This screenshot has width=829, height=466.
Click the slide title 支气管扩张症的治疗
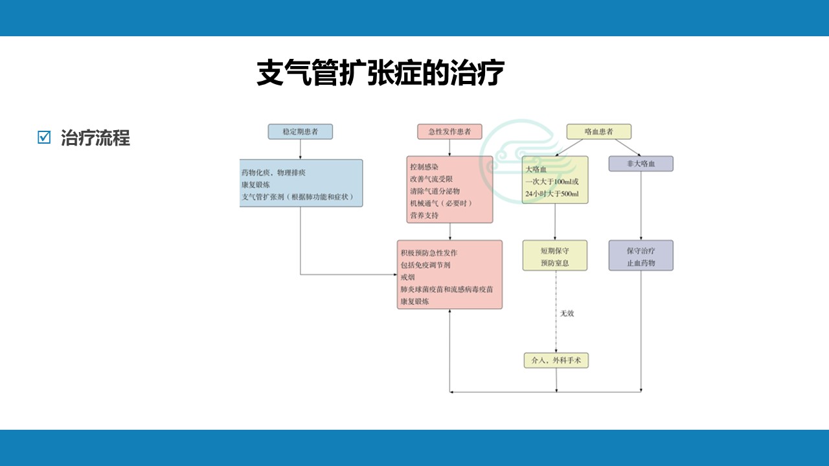pyautogui.click(x=380, y=73)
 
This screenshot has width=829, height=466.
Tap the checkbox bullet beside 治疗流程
pyautogui.click(x=44, y=137)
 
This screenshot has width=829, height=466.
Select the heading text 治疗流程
pyautogui.click(x=95, y=138)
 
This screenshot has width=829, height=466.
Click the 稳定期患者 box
pyautogui.click(x=301, y=131)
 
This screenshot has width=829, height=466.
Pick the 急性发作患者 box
pyautogui.click(x=449, y=131)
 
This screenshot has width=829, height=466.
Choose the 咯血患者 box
pyautogui.click(x=598, y=131)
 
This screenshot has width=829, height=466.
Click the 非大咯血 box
pyautogui.click(x=641, y=164)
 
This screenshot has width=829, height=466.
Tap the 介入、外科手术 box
pyautogui.click(x=556, y=361)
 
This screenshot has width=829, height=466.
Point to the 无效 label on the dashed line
pyautogui.click(x=567, y=313)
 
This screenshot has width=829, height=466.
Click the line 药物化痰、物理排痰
pyautogui.click(x=273, y=173)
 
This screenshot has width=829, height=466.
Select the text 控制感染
pyautogui.click(x=424, y=167)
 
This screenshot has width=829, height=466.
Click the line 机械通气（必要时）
pyautogui.click(x=440, y=203)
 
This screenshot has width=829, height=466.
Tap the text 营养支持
pyautogui.click(x=424, y=216)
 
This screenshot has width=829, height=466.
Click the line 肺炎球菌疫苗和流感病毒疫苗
pyautogui.click(x=447, y=289)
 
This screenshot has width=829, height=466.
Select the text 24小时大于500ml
pyautogui.click(x=552, y=194)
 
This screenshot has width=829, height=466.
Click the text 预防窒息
pyautogui.click(x=555, y=263)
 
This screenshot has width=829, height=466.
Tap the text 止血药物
pyautogui.click(x=641, y=263)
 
